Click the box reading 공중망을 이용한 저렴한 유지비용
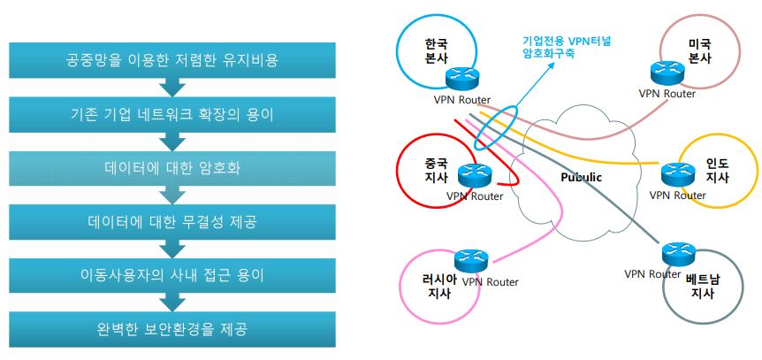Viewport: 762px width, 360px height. pos(172,60)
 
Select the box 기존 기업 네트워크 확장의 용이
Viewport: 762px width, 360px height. pos(172,114)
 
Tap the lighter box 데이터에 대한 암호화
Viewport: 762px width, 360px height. pos(172,168)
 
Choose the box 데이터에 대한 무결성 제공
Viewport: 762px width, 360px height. pos(172,222)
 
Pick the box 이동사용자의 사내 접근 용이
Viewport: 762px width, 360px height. pos(172,276)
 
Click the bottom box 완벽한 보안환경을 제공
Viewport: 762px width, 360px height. pos(172,329)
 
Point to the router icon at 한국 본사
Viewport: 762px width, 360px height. pos(461,77)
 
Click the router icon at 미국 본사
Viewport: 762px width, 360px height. pos(667,73)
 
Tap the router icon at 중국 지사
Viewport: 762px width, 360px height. pos(475,175)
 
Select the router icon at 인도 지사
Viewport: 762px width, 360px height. pos(678,173)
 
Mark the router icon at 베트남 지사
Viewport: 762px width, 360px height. pos(679,254)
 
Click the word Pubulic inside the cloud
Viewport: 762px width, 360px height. pos(581,177)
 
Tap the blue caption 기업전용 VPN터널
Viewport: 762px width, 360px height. pos(566,42)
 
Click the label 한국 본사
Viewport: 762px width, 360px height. pos(434,52)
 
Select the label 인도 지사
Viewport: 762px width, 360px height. pos(717,170)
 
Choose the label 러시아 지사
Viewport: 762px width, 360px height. pos(439,286)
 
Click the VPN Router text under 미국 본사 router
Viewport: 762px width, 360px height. pos(667,94)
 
